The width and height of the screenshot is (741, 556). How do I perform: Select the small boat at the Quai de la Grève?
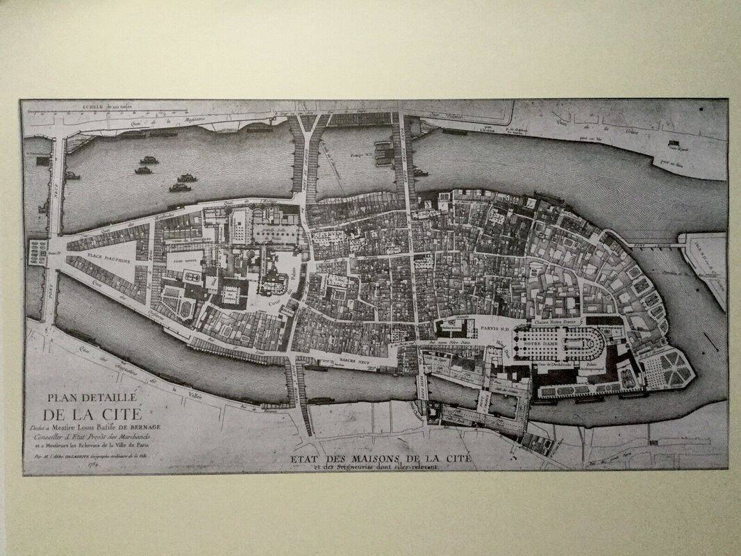(x=673, y=144)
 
